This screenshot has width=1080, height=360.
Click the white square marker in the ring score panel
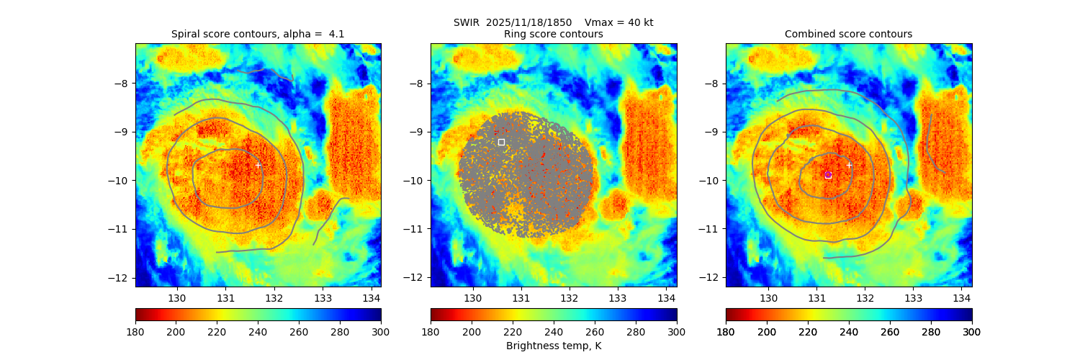(501, 142)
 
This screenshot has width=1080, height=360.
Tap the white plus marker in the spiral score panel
(258, 165)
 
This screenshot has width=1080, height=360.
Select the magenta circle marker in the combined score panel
(828, 174)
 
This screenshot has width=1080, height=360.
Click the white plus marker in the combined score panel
(849, 165)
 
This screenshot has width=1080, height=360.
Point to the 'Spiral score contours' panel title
(258, 34)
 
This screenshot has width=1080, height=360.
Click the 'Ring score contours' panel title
(553, 34)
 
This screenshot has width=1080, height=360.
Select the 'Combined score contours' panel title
(848, 34)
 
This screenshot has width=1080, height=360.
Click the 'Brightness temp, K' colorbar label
(553, 346)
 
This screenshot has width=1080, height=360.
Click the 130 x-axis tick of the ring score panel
(473, 297)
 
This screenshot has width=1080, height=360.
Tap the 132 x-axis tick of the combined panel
(865, 297)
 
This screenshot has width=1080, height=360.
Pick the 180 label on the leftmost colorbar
(135, 331)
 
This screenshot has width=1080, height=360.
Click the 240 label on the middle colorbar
(554, 331)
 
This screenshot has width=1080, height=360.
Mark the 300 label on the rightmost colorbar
(971, 331)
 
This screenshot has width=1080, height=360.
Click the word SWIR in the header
(467, 22)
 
